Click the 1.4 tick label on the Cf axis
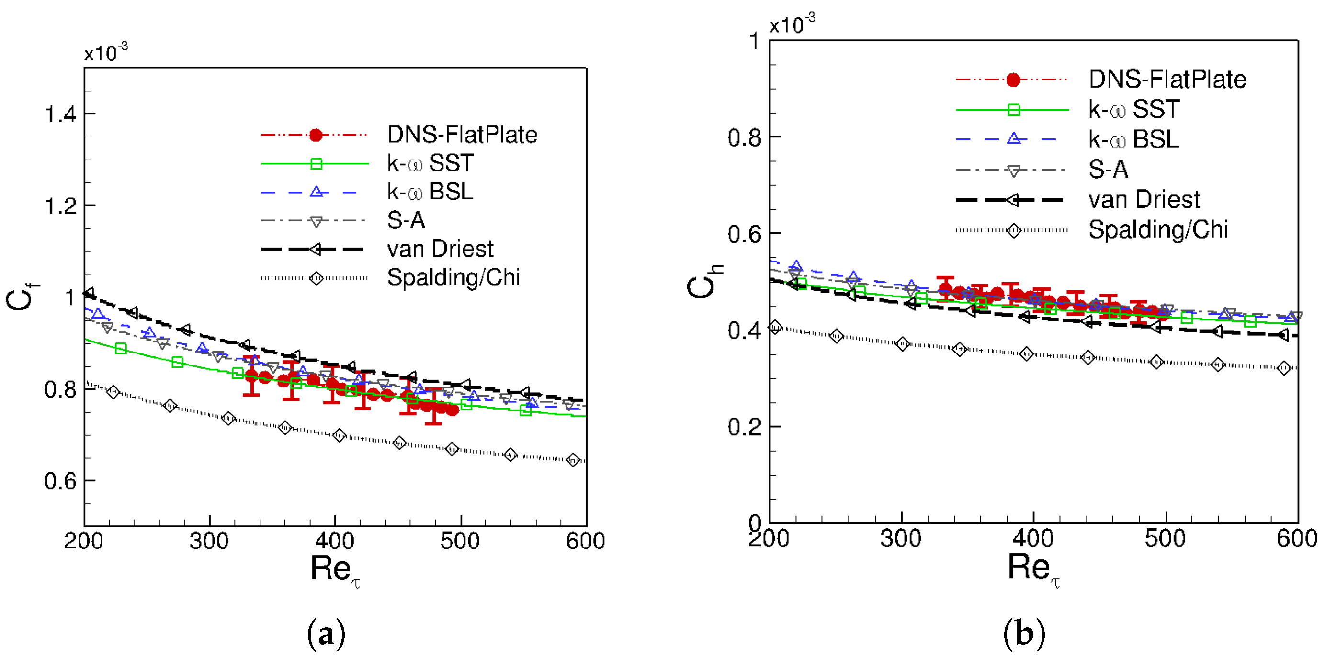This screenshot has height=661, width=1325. click(x=61, y=114)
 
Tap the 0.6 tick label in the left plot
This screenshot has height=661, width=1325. click(x=61, y=481)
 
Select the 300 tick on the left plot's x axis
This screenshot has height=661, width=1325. click(x=209, y=541)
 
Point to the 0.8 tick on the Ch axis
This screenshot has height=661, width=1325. click(x=744, y=138)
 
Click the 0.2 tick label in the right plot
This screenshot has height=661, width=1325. click(x=744, y=427)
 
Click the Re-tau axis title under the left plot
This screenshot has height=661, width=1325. click(x=334, y=570)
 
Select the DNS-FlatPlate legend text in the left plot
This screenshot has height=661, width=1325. click(x=462, y=135)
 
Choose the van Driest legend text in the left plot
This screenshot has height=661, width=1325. click(x=440, y=249)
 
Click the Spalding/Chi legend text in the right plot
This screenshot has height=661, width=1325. click(x=1158, y=229)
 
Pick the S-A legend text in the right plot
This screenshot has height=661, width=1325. click(x=1108, y=169)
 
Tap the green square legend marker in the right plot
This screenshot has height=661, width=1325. click(x=1013, y=110)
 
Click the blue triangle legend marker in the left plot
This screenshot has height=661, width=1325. click(x=317, y=192)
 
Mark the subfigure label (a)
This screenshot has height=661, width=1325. click(x=326, y=634)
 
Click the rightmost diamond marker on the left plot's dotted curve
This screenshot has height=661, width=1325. click(x=573, y=460)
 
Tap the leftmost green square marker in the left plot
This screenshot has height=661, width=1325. click(x=121, y=349)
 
